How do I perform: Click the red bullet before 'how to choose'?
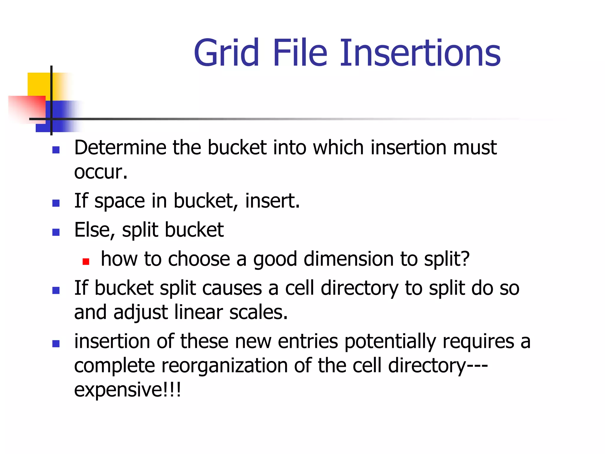coord(86,261)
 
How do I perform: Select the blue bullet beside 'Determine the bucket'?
coord(56,150)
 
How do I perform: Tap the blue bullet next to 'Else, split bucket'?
coord(56,232)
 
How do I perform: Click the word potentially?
coord(390,342)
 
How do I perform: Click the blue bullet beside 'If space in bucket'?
coord(56,203)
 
